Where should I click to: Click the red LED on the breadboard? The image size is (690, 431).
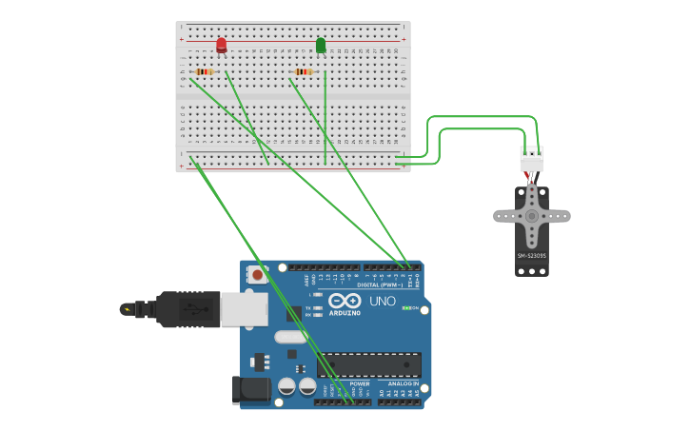[222, 45]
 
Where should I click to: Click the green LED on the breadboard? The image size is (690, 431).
[321, 45]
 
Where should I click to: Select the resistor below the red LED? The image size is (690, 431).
[204, 71]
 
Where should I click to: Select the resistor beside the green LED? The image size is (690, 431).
[304, 71]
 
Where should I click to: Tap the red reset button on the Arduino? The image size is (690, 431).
[257, 274]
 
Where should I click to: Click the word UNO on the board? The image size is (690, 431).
[382, 302]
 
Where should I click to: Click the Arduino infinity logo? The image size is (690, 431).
[344, 301]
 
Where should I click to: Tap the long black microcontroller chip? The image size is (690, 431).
[369, 364]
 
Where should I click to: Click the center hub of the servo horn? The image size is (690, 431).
[532, 216]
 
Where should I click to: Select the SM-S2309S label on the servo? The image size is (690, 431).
[531, 256]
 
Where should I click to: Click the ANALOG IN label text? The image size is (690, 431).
[403, 383]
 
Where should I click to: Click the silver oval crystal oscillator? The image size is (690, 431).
[291, 337]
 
